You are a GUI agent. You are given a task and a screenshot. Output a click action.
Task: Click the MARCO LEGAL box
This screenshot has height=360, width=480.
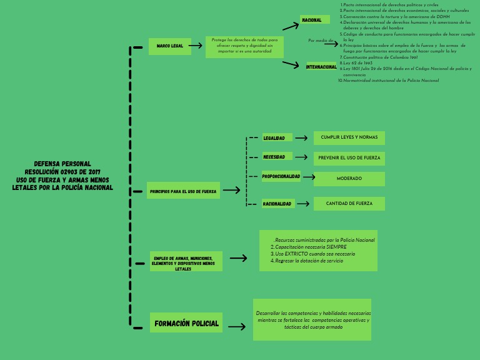point(170,46)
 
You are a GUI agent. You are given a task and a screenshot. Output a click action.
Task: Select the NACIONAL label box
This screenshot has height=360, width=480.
point(314,20)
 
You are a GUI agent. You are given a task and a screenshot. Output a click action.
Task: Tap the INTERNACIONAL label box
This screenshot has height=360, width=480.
point(321,67)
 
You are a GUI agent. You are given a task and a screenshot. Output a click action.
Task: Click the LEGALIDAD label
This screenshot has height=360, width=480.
point(274,138)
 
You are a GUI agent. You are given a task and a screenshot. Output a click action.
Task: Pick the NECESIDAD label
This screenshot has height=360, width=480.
point(274,157)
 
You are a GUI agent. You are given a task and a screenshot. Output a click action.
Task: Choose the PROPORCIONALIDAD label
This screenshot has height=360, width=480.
point(281,176)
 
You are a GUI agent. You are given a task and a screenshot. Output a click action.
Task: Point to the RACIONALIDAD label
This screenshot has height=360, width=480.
point(277,204)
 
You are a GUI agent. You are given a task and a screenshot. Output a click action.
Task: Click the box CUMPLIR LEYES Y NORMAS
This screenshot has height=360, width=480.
point(349,137)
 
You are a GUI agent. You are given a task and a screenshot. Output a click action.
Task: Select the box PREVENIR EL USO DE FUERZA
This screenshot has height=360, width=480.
point(349,157)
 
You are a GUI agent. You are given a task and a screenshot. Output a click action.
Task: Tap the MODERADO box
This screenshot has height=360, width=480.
point(349,179)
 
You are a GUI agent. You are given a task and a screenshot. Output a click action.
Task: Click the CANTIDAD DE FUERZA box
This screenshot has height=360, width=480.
point(349,204)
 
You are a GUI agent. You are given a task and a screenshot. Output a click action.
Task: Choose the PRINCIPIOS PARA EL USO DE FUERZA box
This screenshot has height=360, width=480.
point(183,191)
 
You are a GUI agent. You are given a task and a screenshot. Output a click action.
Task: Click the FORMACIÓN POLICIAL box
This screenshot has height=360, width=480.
point(186,323)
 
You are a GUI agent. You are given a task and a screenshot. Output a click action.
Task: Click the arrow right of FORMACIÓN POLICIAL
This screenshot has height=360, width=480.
point(236,326)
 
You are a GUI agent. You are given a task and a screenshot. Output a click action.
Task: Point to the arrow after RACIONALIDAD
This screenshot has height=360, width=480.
point(303,204)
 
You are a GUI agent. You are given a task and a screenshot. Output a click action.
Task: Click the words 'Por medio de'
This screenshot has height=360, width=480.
point(321,41)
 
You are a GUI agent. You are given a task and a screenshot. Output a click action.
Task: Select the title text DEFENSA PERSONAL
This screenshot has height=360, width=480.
point(62,164)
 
